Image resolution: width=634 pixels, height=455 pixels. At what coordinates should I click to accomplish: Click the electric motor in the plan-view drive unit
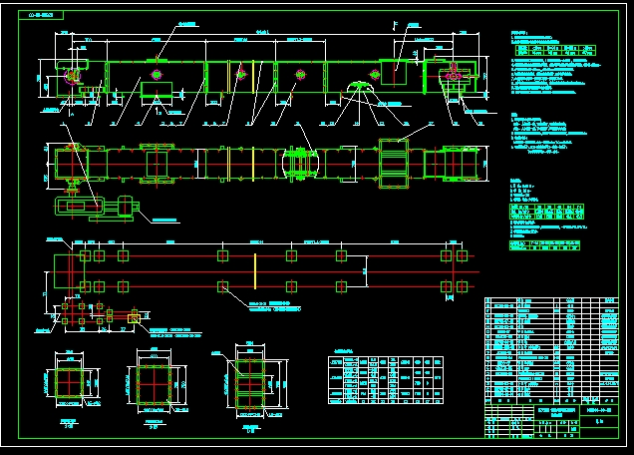click(126, 208)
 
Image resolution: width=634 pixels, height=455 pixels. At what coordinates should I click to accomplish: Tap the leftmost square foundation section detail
click(62, 384)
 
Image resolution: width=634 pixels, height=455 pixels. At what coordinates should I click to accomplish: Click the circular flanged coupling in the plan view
click(300, 161)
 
